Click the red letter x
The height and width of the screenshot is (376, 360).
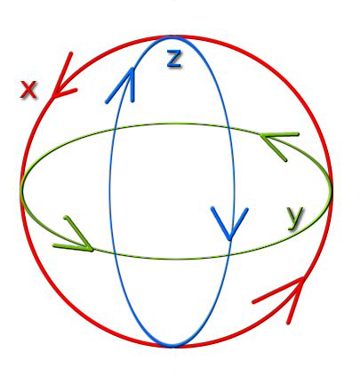(28, 89)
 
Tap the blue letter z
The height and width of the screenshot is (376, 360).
(173, 58)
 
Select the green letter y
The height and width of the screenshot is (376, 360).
(295, 218)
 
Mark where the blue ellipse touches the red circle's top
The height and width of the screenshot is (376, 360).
(172, 36)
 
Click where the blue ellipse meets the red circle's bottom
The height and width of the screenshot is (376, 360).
(172, 346)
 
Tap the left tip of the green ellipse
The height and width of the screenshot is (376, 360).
(20, 189)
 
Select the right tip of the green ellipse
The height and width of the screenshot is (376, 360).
(332, 190)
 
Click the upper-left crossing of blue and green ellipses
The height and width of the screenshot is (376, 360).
(115, 128)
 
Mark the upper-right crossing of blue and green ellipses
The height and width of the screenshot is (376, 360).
(228, 127)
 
